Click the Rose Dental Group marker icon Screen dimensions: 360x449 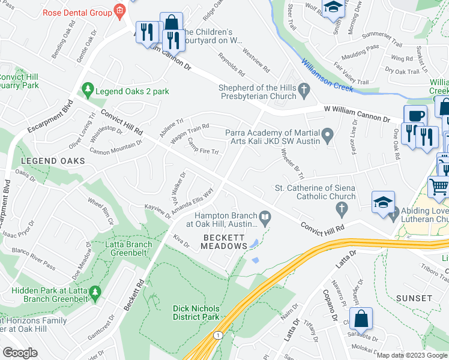pos(119,11)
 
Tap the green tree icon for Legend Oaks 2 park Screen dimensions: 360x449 pos(88,91)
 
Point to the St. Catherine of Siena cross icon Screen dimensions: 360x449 pos(342,209)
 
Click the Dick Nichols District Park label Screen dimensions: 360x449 pos(196,312)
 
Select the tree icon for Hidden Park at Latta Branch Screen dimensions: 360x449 pos(94,292)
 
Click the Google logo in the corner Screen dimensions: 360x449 pos(20,353)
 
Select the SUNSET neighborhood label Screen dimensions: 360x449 pos(414,298)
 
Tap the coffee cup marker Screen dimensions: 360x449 pos(415,115)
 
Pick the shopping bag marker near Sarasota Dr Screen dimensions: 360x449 pos(361,319)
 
